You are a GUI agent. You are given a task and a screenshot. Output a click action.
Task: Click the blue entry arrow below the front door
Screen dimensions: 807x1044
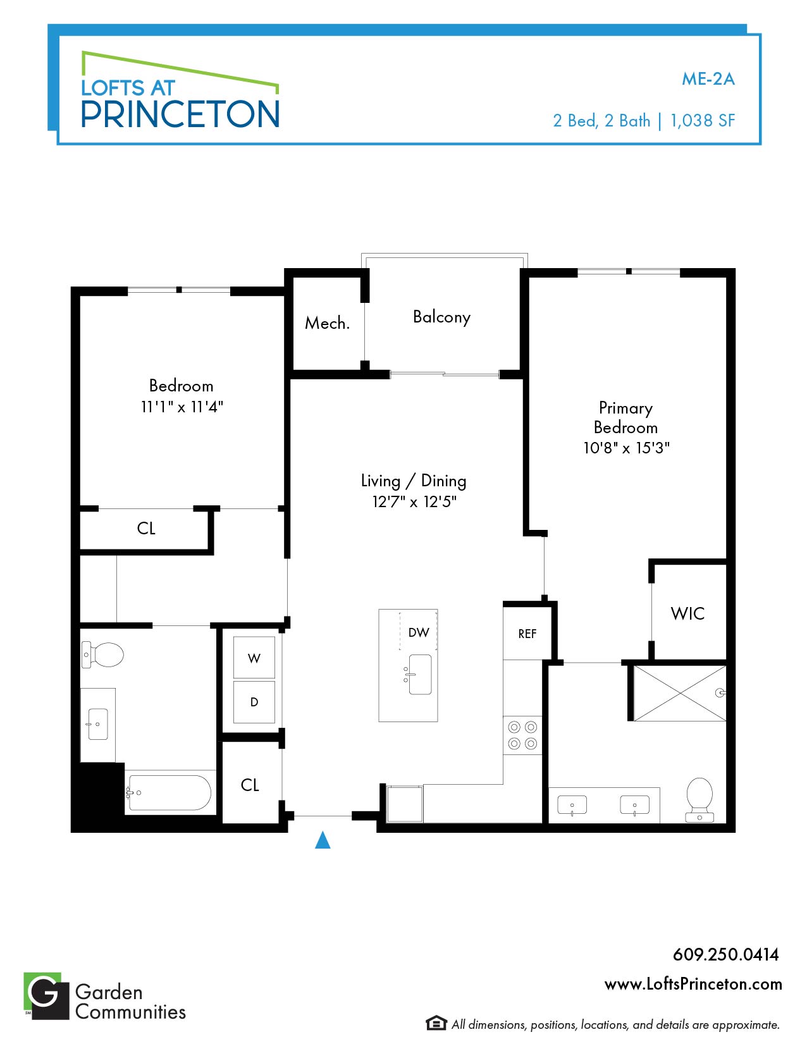[323, 840]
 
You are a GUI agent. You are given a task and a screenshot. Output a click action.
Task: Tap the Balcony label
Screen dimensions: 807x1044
[441, 317]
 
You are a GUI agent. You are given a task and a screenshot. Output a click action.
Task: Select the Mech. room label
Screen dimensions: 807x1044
[327, 323]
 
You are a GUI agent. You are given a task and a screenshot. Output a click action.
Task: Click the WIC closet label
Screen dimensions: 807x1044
[687, 613]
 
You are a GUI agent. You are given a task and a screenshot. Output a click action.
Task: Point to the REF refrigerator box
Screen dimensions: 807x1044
[527, 633]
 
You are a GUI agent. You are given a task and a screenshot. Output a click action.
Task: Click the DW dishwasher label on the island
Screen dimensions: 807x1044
[419, 632]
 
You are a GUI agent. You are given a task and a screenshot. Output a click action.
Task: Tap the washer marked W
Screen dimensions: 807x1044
[254, 657]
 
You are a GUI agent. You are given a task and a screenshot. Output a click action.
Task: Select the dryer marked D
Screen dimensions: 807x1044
[254, 702]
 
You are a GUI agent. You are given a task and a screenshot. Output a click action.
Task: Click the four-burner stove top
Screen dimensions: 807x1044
[522, 735]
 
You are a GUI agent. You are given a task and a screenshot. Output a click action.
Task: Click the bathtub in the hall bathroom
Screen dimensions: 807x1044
[169, 793]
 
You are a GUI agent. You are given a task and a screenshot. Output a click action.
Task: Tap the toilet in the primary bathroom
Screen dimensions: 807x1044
[699, 800]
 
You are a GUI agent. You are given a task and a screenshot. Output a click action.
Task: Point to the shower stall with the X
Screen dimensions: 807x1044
[680, 693]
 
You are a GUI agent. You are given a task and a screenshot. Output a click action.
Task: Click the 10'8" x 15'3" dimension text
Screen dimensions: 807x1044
[626, 448]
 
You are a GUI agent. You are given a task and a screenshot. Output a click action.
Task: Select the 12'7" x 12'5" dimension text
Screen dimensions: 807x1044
[414, 501]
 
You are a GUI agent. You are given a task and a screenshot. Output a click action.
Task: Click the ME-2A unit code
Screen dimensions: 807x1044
[708, 79]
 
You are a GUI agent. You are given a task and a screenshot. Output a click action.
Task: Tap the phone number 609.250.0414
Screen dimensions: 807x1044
[726, 954]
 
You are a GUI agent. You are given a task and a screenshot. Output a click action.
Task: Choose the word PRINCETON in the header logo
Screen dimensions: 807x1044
[180, 114]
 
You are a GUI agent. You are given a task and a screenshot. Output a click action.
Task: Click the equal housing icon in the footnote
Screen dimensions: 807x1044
[436, 1023]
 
